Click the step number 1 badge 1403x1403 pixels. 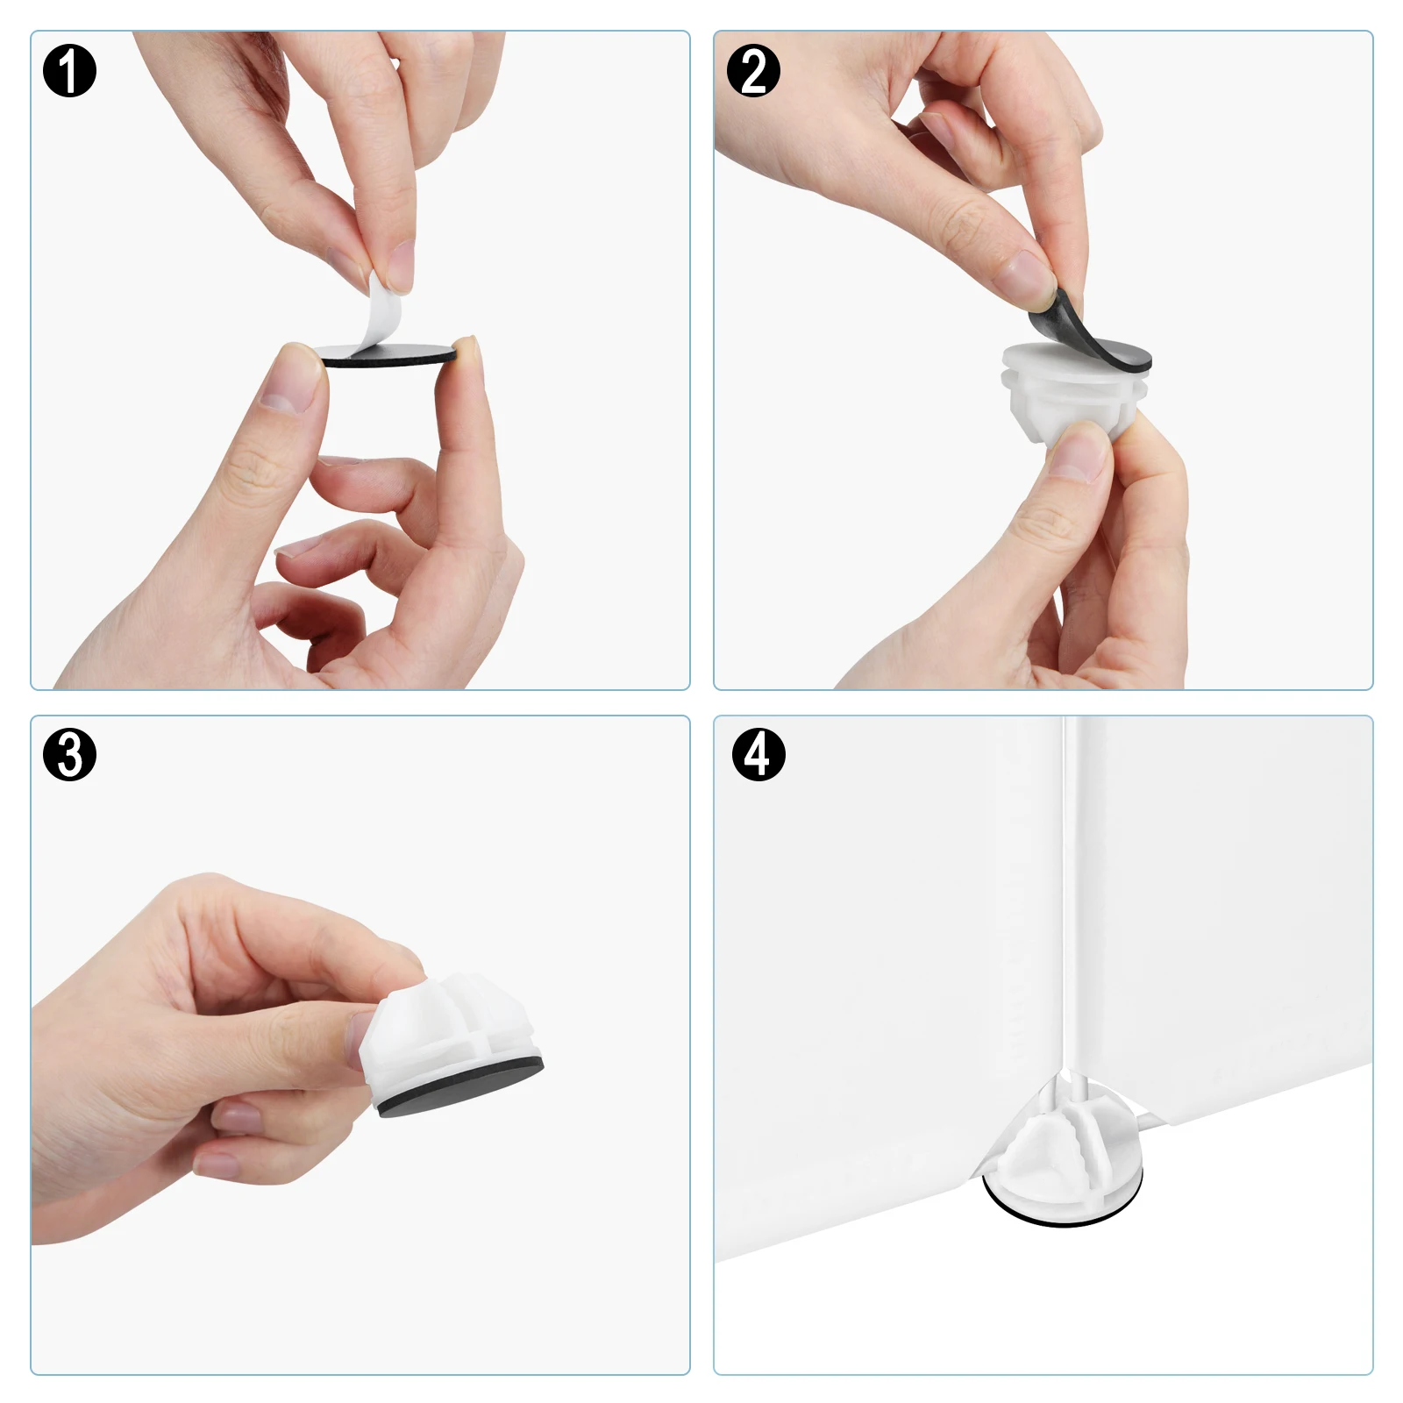tap(69, 71)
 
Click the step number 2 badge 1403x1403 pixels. tap(753, 71)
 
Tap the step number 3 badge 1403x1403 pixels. tap(69, 754)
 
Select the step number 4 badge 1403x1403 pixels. tap(758, 754)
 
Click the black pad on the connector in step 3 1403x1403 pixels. tap(460, 1087)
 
